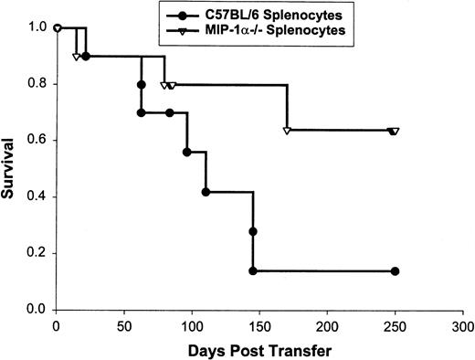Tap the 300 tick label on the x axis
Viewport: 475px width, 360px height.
pyautogui.click(x=462, y=324)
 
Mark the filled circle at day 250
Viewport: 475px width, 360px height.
pyautogui.click(x=395, y=271)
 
